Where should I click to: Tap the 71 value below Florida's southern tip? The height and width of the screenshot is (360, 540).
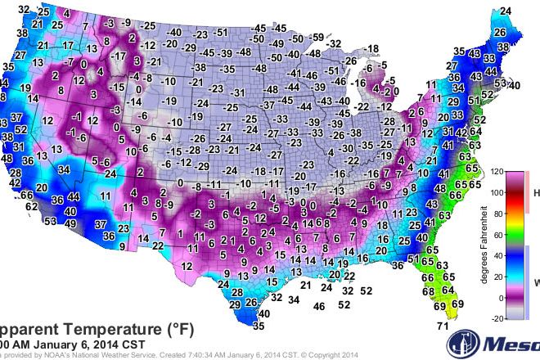[443, 328]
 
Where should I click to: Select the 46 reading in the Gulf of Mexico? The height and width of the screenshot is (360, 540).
[320, 306]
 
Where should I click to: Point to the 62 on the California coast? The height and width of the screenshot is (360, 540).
[31, 207]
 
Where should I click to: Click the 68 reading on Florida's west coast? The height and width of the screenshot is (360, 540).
[427, 290]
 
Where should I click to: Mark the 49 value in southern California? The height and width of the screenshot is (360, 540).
[71, 223]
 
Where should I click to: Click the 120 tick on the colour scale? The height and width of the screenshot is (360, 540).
[498, 173]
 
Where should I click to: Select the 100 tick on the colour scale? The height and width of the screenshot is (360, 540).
[498, 193]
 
